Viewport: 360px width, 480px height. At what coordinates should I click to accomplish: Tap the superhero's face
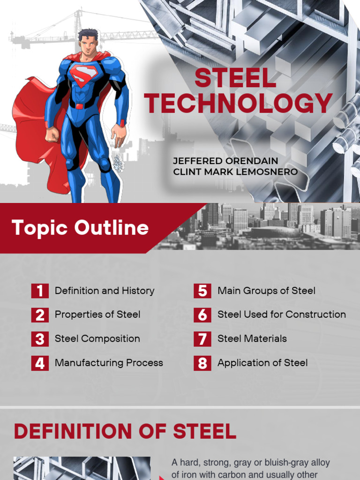[x=88, y=45]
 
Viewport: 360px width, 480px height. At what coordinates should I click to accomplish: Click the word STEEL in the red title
[x=235, y=79]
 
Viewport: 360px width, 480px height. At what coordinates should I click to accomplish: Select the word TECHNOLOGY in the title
[x=239, y=104]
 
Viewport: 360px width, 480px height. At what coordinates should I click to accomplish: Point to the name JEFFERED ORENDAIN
[x=225, y=161]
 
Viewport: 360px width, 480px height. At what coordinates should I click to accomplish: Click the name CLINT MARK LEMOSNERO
[x=235, y=172]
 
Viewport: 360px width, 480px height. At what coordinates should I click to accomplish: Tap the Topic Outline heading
[x=81, y=228]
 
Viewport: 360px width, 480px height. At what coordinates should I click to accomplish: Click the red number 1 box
[x=40, y=291]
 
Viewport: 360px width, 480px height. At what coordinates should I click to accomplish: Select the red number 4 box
[x=40, y=363]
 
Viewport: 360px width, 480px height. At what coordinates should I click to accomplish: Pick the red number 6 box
[x=202, y=315]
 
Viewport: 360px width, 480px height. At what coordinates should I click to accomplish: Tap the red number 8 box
[x=202, y=363]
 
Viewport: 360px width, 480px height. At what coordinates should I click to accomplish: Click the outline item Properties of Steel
[x=97, y=315]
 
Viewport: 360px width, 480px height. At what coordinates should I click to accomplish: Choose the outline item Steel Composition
[x=97, y=338]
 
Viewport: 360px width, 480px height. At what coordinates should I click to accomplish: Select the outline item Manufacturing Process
[x=109, y=363]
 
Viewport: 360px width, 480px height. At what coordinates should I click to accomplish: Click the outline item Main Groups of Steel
[x=266, y=291]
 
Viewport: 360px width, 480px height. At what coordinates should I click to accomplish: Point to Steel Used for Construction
[x=282, y=315]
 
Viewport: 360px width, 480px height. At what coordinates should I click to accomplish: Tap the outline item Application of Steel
[x=262, y=363]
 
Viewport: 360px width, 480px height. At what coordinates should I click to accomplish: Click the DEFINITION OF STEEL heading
[x=125, y=431]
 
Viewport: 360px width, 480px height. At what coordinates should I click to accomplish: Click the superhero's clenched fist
[x=52, y=135]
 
